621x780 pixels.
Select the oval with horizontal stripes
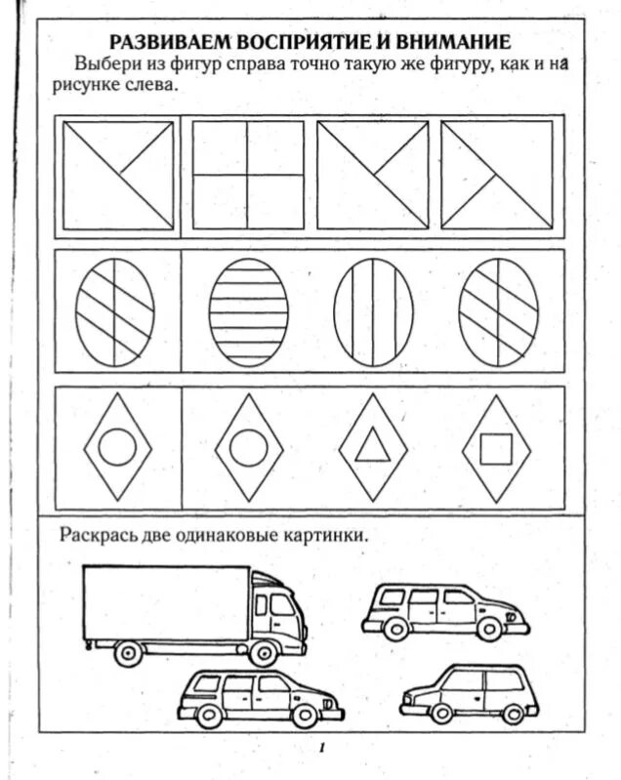tap(249, 310)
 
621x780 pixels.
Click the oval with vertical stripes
tap(372, 310)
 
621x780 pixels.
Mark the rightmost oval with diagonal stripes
tap(497, 310)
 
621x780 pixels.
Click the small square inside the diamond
tap(496, 448)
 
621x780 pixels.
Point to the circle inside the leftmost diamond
tap(118, 448)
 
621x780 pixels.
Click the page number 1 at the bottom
tap(320, 748)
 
